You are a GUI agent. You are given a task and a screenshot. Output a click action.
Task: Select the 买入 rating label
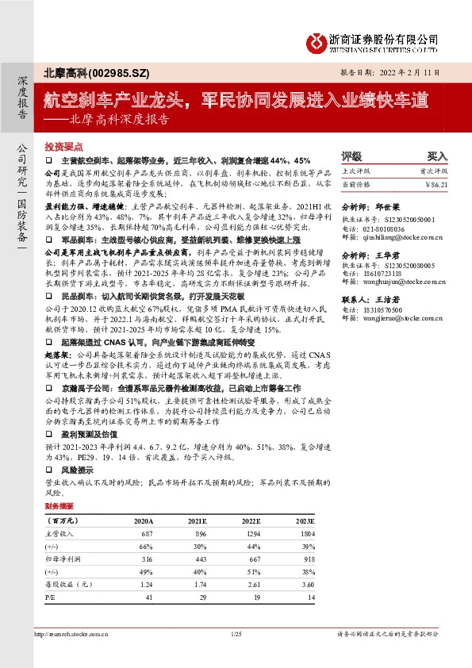[438, 157]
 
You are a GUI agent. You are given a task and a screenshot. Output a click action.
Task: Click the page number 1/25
[236, 634]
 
